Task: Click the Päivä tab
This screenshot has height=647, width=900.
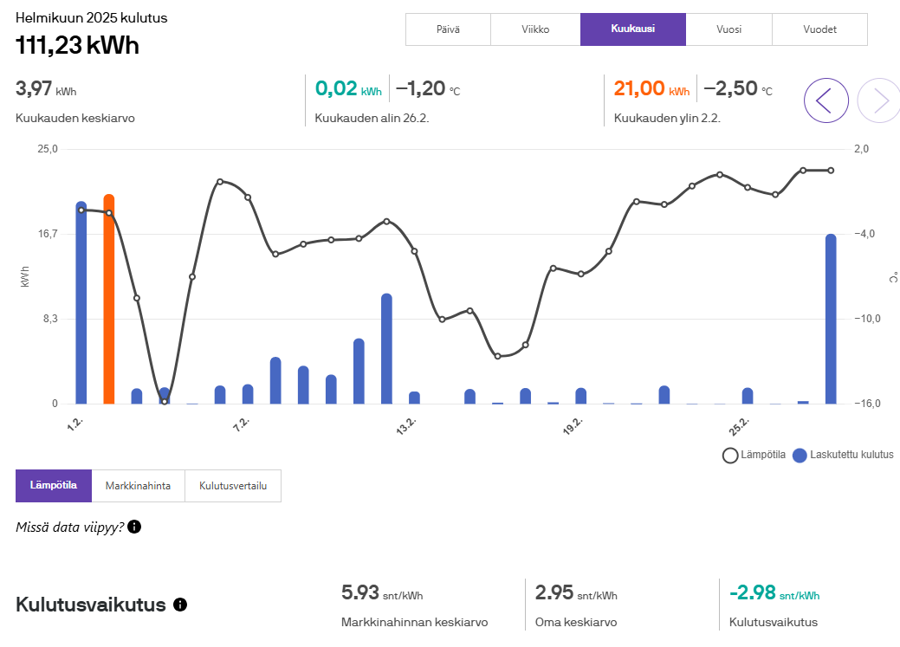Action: point(448,29)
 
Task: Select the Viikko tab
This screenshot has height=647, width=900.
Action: point(534,29)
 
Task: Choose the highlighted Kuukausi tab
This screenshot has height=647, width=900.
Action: point(632,29)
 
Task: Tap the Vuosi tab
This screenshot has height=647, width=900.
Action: point(728,29)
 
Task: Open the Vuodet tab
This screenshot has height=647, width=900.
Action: point(819,29)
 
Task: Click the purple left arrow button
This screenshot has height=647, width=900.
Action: point(826,100)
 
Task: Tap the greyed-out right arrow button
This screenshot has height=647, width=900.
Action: point(878,100)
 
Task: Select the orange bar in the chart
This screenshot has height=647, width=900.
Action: point(109,299)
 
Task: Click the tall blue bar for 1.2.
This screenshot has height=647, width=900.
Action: point(81,303)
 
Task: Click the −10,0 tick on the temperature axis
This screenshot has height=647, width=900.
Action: point(867,319)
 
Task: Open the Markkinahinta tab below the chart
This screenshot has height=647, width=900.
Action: point(138,486)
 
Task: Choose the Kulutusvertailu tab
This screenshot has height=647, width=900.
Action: point(233,486)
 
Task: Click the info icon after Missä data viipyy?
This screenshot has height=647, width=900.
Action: point(134,527)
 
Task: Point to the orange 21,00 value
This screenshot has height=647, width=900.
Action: point(639,88)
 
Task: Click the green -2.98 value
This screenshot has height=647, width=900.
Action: point(753,593)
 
